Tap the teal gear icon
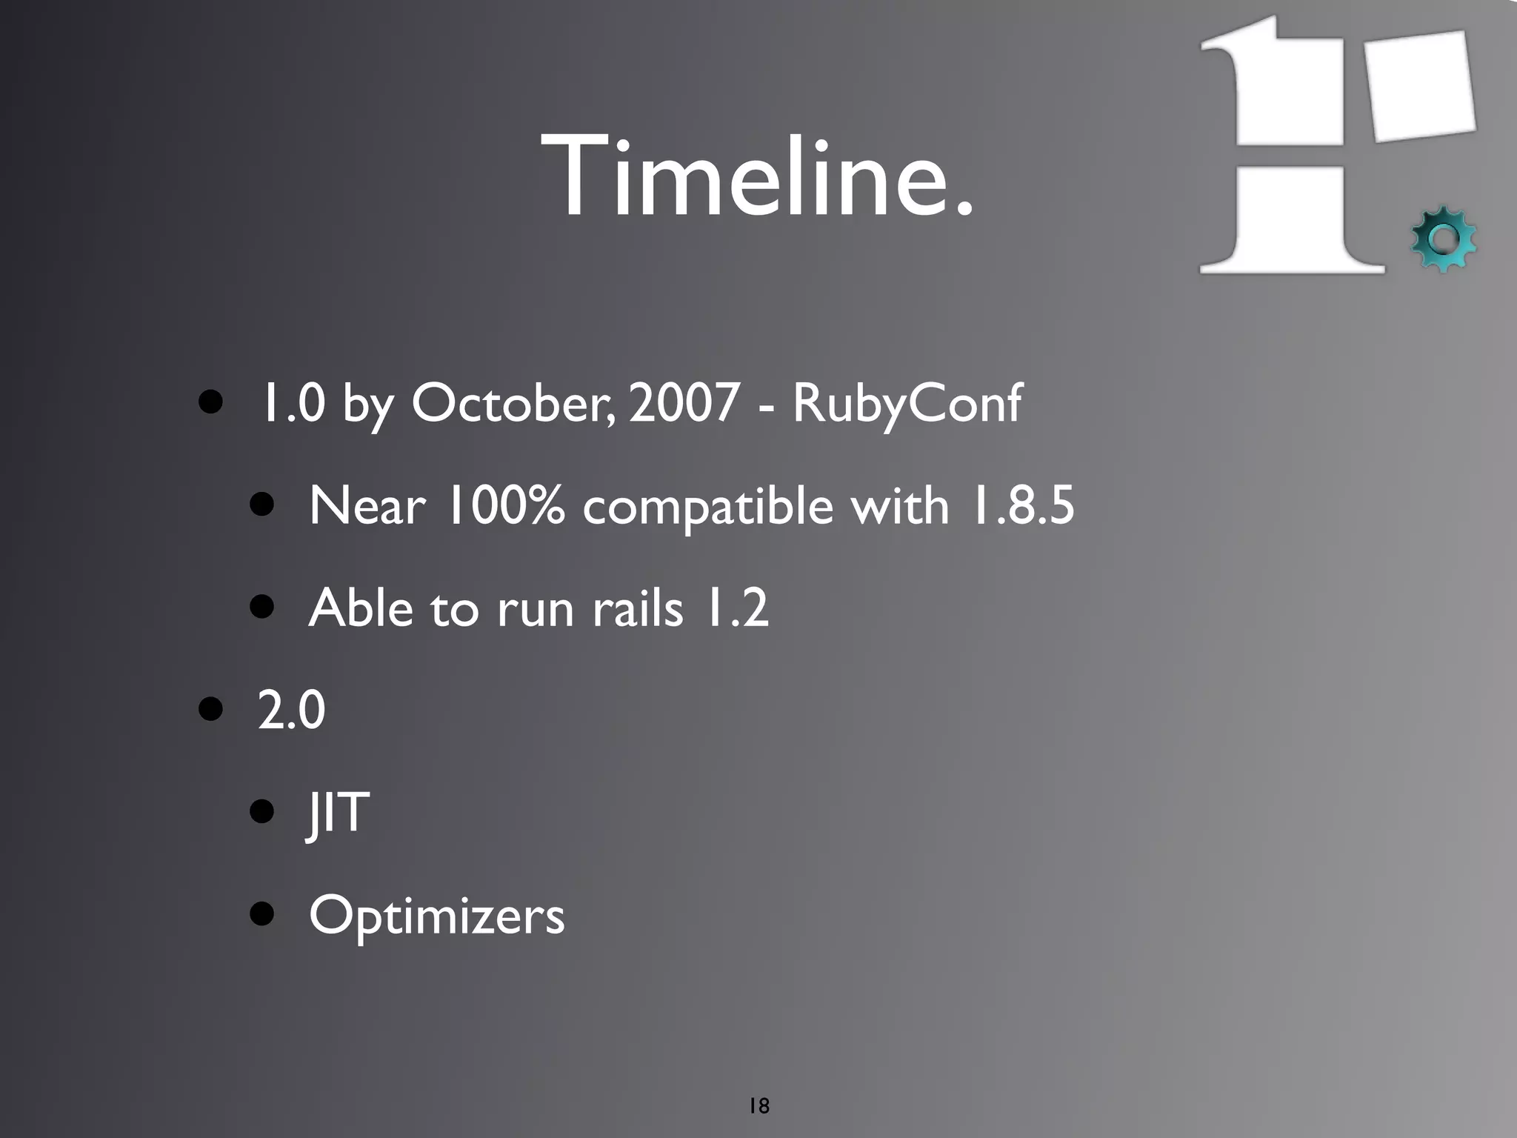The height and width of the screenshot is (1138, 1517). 1443,239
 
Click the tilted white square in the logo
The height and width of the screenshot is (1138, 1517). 1419,86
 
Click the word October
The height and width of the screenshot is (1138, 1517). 511,403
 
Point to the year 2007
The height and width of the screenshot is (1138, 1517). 684,403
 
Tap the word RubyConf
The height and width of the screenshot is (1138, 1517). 907,405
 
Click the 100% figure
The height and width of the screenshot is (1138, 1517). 504,506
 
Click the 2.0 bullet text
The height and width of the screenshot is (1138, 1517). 291,710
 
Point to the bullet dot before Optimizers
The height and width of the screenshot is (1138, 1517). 262,914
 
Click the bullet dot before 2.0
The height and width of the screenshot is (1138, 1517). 211,708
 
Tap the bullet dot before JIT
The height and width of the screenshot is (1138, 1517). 262,811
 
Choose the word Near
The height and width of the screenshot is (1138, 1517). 367,506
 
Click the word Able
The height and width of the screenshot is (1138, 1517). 361,608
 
